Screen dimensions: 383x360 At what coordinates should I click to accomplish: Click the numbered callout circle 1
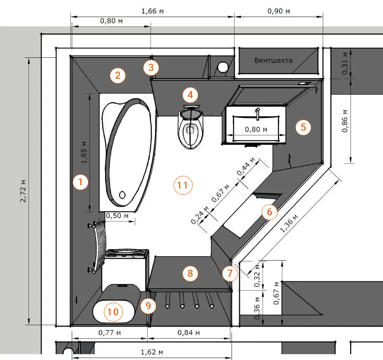tap(80, 182)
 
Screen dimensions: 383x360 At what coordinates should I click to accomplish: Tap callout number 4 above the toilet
tap(190, 95)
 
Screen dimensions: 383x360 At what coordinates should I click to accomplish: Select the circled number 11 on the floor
tap(183, 185)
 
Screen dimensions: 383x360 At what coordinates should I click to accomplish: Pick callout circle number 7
tap(230, 273)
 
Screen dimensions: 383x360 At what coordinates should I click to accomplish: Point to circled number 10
tap(113, 312)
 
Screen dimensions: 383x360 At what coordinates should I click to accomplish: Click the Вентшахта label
tap(273, 60)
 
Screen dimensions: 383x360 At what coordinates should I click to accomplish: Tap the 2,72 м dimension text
tap(23, 191)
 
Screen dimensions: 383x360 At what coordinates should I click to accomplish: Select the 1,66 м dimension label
tap(152, 11)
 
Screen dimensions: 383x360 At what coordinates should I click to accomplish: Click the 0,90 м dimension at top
tap(278, 11)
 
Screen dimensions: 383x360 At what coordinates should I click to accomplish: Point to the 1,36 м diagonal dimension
tap(289, 223)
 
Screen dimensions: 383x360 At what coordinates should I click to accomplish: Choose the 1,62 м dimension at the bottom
tap(152, 352)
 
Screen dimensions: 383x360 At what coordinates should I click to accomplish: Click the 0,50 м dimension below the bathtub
tap(117, 216)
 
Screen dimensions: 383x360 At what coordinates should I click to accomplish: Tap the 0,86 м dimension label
tap(345, 121)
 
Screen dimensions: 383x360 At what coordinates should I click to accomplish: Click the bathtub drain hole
tap(123, 195)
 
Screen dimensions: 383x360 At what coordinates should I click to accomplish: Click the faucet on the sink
tap(258, 114)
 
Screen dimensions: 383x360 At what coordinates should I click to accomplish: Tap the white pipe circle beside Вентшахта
tap(222, 67)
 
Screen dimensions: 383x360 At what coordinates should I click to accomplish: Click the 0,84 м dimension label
tap(189, 333)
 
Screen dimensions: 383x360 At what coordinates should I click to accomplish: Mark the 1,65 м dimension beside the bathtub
tap(84, 152)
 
